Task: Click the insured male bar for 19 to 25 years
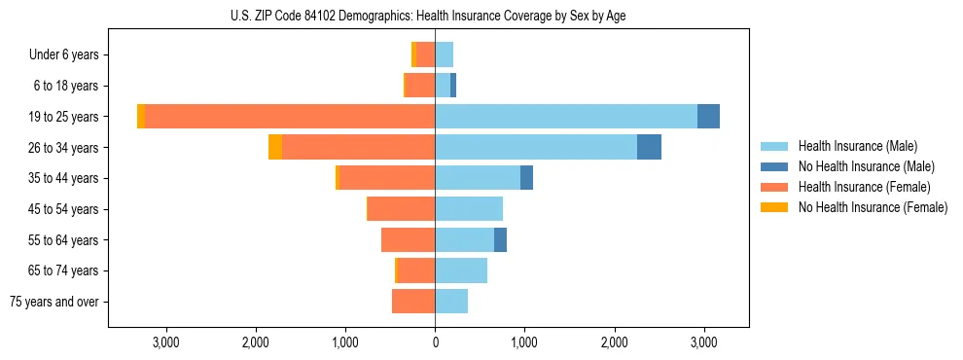(x=566, y=116)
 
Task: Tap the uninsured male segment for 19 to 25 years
(x=708, y=116)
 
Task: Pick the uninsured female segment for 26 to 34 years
(x=275, y=147)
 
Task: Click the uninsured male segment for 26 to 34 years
(x=649, y=147)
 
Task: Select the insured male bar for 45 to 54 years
(x=469, y=208)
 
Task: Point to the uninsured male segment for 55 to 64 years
(x=500, y=239)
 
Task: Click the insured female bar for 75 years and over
(x=413, y=301)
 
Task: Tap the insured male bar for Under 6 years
(x=445, y=54)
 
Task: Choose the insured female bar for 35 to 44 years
(x=387, y=177)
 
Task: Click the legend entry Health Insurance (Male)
(x=856, y=146)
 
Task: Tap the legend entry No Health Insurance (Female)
(x=873, y=207)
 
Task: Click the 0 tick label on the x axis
(x=435, y=342)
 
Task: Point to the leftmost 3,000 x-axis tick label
(x=165, y=342)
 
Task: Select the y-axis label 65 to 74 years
(x=63, y=270)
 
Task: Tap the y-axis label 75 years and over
(x=54, y=302)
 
